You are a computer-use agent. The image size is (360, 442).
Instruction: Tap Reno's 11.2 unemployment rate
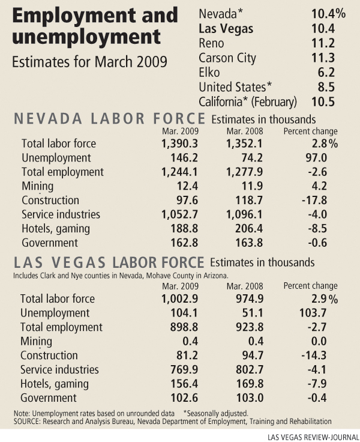coord(324,43)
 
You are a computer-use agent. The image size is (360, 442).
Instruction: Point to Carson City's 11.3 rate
coord(324,58)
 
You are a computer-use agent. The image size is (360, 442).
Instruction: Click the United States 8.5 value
coord(327,86)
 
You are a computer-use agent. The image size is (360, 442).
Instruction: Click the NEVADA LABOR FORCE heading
coord(110,118)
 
